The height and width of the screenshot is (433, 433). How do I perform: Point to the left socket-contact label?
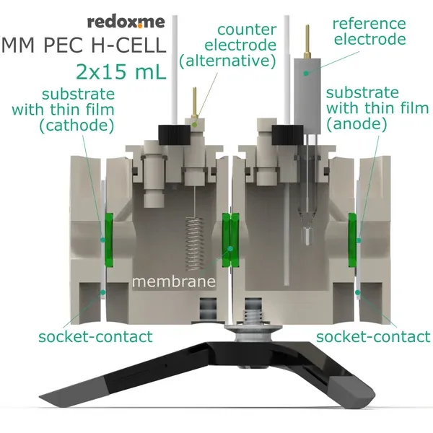(x=95, y=336)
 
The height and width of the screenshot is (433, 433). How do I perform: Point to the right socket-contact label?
(x=372, y=336)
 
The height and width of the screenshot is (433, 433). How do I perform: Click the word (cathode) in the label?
(x=79, y=126)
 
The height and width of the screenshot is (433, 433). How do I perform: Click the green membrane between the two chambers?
(x=231, y=238)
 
